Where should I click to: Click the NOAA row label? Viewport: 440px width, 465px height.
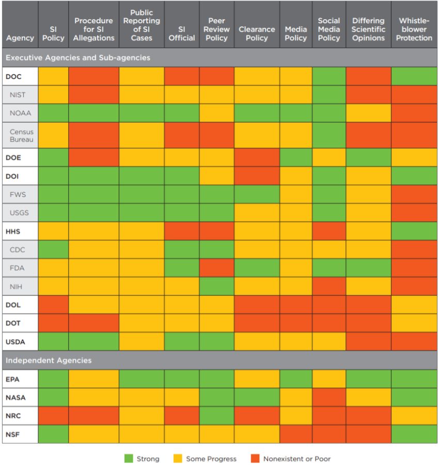(x=21, y=113)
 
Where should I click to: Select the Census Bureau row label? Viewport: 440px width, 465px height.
(x=21, y=135)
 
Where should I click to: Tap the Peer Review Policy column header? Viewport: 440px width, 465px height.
(x=216, y=29)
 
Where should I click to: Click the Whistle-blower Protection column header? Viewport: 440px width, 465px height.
(x=414, y=29)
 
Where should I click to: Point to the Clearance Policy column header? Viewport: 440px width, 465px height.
(x=257, y=34)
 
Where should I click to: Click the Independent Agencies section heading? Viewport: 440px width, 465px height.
(x=49, y=360)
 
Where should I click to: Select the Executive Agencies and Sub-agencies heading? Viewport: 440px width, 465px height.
(x=78, y=57)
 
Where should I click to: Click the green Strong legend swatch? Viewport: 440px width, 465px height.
(x=129, y=458)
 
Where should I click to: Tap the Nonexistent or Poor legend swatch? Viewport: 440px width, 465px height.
(x=255, y=458)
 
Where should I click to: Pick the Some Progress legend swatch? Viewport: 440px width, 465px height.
(x=178, y=458)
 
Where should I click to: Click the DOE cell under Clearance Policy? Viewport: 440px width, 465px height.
(x=257, y=158)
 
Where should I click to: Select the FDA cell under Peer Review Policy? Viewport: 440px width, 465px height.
(x=217, y=268)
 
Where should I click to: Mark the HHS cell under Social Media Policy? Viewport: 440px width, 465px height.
(x=329, y=231)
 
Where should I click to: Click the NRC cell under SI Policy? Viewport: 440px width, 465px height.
(x=53, y=416)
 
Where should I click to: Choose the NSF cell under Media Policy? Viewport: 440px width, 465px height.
(x=296, y=434)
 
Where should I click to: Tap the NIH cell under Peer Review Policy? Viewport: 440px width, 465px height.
(x=217, y=286)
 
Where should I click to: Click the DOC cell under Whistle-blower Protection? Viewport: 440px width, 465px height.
(x=414, y=76)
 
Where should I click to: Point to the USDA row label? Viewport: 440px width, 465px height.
(x=15, y=342)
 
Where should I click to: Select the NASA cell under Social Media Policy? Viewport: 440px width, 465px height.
(x=329, y=397)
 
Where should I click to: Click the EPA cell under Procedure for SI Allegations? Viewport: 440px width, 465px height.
(x=93, y=379)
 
